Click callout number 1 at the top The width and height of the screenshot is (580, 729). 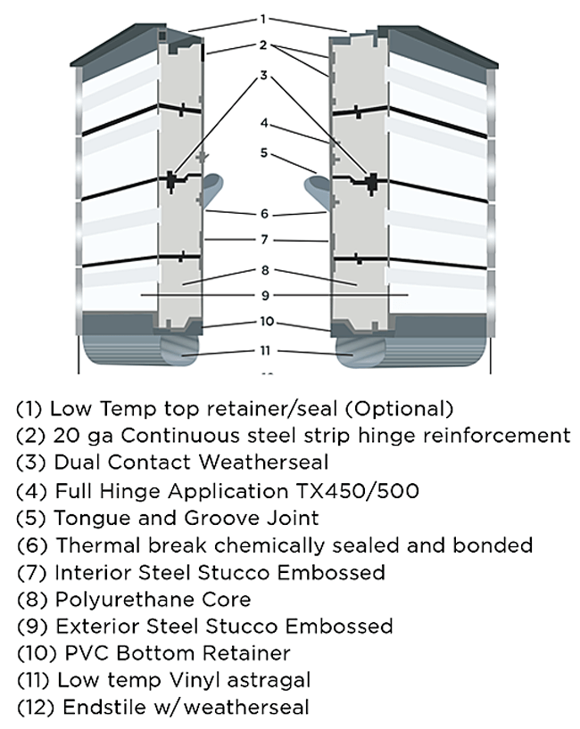[263, 19]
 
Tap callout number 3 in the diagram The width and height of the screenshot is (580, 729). [263, 76]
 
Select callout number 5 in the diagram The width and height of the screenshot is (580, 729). [263, 152]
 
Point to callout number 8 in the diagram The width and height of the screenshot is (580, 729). [263, 269]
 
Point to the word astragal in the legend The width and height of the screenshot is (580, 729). [267, 680]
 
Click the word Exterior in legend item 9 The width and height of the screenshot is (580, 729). [90, 626]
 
